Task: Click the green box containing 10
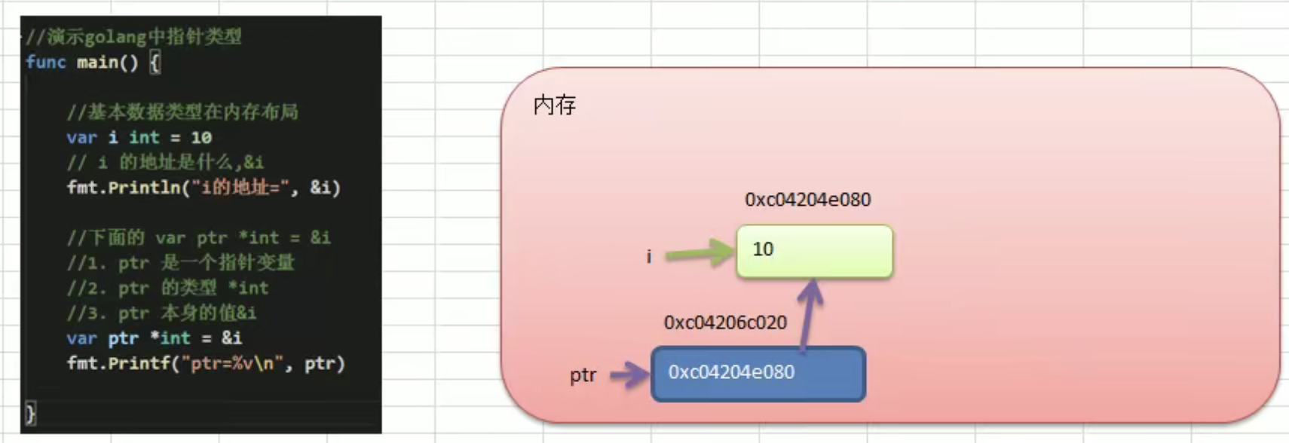pyautogui.click(x=814, y=251)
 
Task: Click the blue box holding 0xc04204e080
pyautogui.click(x=758, y=373)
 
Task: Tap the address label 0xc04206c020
pyautogui.click(x=724, y=322)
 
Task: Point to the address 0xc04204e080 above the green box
pyautogui.click(x=807, y=200)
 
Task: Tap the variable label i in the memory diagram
pyautogui.click(x=648, y=256)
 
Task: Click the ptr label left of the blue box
pyautogui.click(x=583, y=375)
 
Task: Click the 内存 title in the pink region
pyautogui.click(x=554, y=105)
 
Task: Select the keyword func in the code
pyautogui.click(x=46, y=62)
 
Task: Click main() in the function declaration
pyautogui.click(x=108, y=62)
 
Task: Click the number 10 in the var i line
pyautogui.click(x=201, y=137)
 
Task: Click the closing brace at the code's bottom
pyautogui.click(x=30, y=413)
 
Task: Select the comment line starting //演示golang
pyautogui.click(x=134, y=36)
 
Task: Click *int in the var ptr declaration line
pyautogui.click(x=170, y=338)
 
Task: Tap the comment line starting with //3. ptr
pyautogui.click(x=161, y=313)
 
